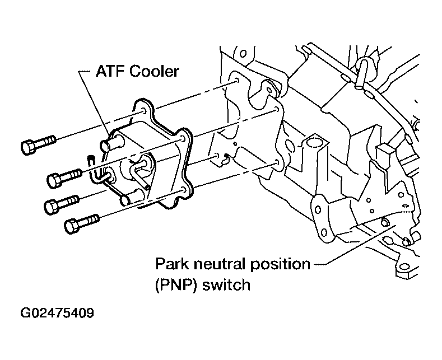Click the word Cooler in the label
coord(154,71)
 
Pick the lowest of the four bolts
coord(82,223)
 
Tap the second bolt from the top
coord(64,177)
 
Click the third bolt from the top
coord(62,204)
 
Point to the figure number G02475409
coord(57,312)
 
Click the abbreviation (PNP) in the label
coord(175,284)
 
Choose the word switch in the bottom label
coord(226,284)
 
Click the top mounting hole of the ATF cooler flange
coord(144,110)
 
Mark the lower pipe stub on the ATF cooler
coord(131,198)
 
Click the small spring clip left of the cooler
coord(92,169)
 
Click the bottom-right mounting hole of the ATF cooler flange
coord(184,190)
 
